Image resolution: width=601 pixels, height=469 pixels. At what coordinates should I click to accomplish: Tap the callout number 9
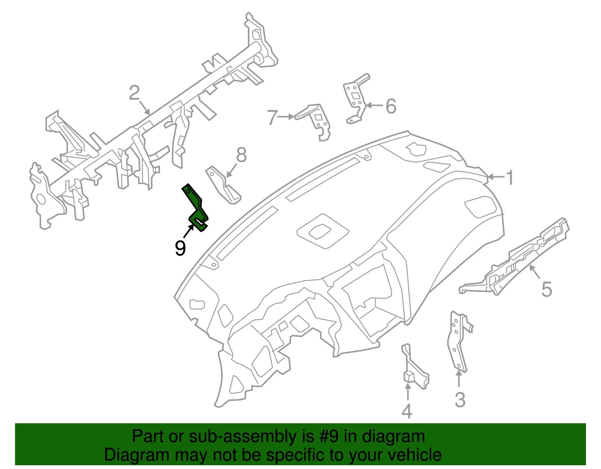coord(180,248)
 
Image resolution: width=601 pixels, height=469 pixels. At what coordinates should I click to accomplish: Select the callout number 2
coord(134,93)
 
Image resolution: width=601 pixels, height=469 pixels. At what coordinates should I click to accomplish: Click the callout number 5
coord(547,290)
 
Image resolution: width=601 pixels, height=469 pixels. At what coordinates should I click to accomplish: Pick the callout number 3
coord(460,400)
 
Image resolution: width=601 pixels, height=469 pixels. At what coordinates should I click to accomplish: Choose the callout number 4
coord(407,411)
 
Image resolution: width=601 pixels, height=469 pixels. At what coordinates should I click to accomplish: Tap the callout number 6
coord(391,106)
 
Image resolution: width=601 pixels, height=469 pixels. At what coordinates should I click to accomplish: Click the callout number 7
coord(272,117)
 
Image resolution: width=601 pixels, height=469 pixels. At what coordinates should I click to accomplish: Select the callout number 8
coord(241,155)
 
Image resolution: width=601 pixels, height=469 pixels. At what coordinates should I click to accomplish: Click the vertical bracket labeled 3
coord(458,342)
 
